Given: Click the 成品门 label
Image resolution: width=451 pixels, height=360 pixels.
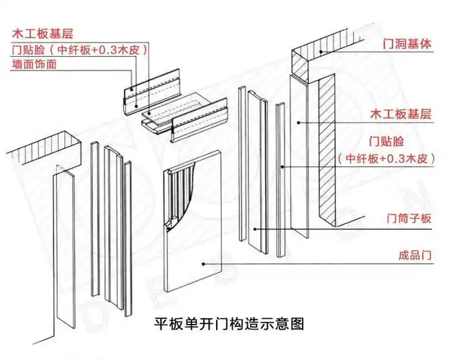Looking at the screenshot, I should [414, 254].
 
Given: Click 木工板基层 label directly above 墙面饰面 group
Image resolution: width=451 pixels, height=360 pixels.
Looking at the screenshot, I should [43, 33].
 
